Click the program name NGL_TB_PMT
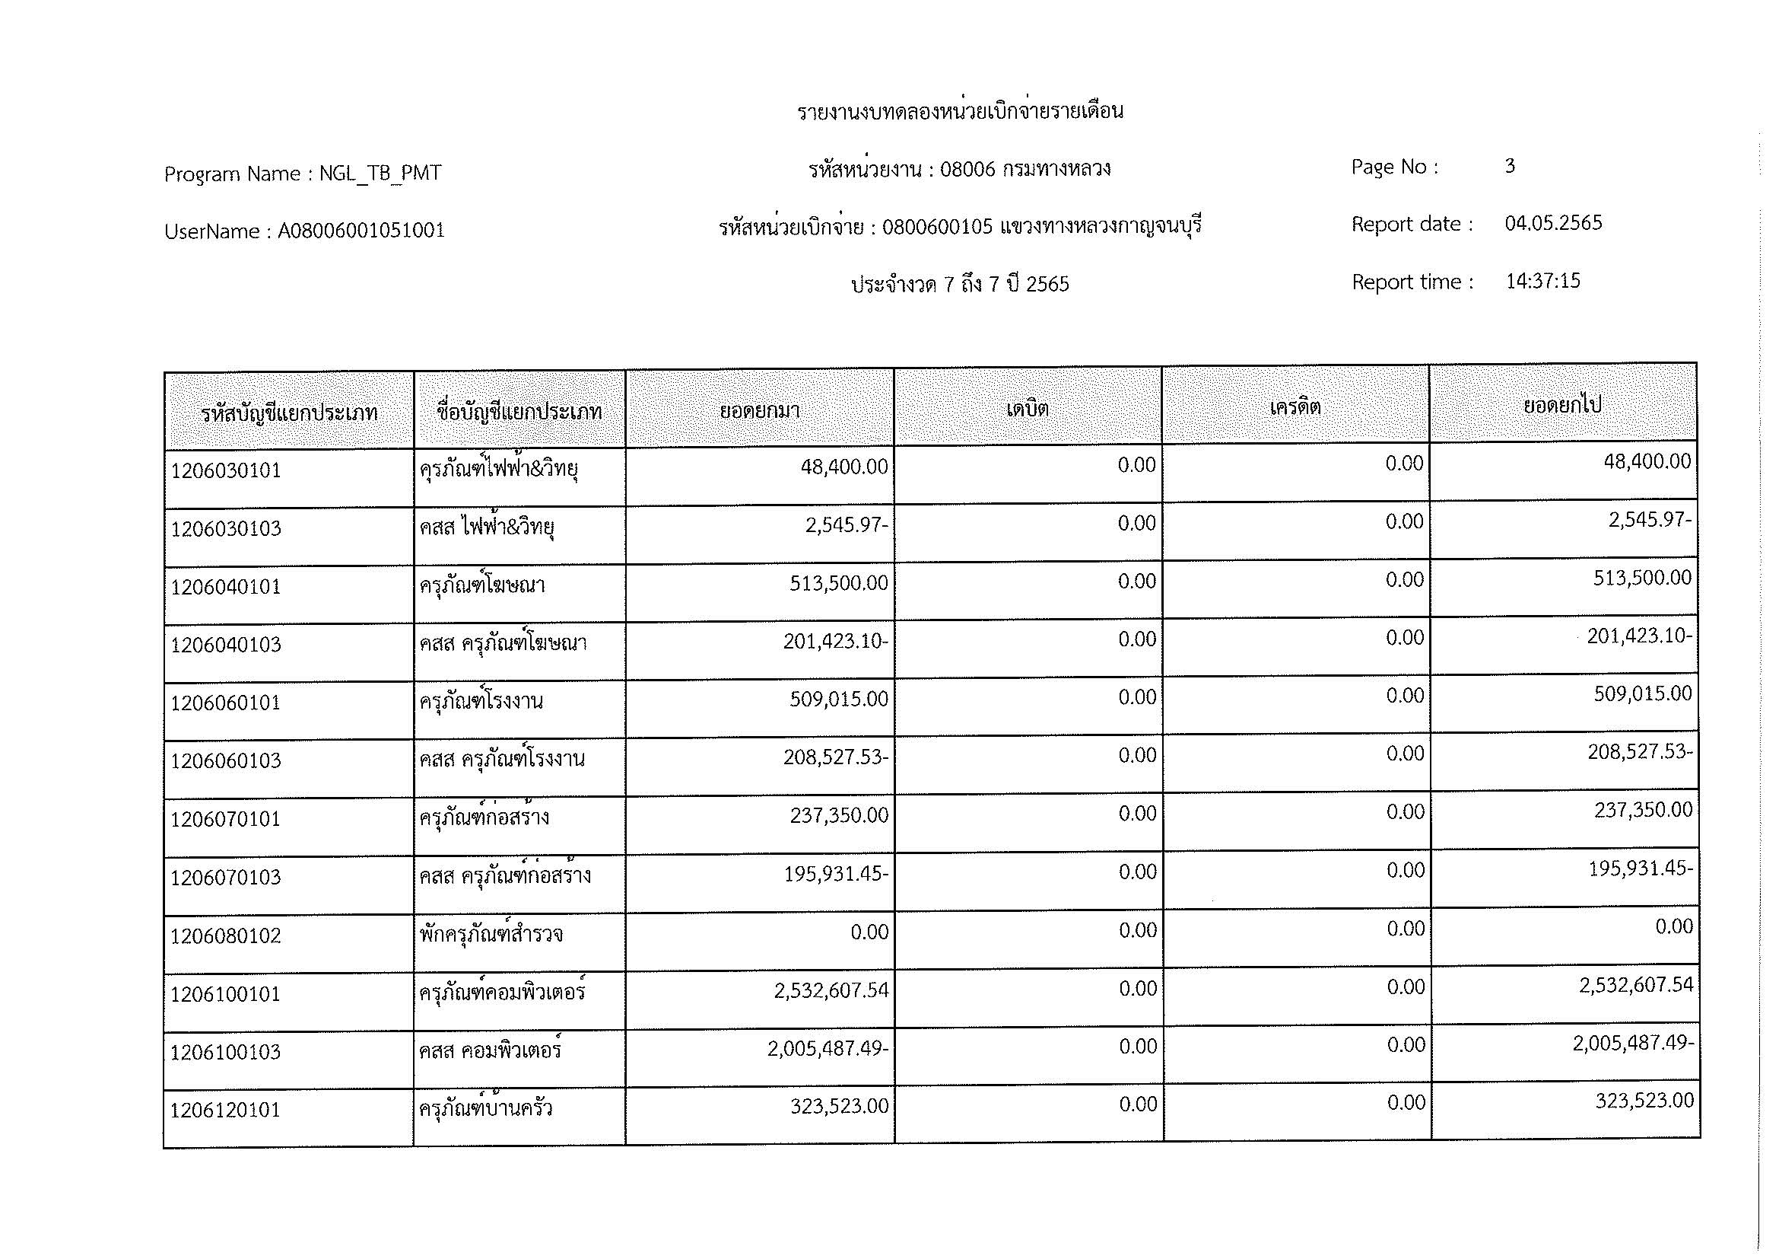pos(380,173)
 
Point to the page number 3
pos(1509,166)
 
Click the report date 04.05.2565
pos(1553,223)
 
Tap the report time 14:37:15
pos(1542,281)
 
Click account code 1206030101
pos(225,470)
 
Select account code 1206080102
pos(225,935)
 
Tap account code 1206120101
pos(225,1110)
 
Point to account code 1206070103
pos(225,878)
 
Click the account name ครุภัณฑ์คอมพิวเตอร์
pos(502,993)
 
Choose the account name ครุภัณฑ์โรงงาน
pos(481,702)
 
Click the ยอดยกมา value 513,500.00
pos(838,583)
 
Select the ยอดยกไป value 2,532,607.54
pos(1636,985)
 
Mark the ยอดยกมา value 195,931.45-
pos(835,874)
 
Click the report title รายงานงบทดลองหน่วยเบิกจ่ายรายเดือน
pos(960,111)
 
